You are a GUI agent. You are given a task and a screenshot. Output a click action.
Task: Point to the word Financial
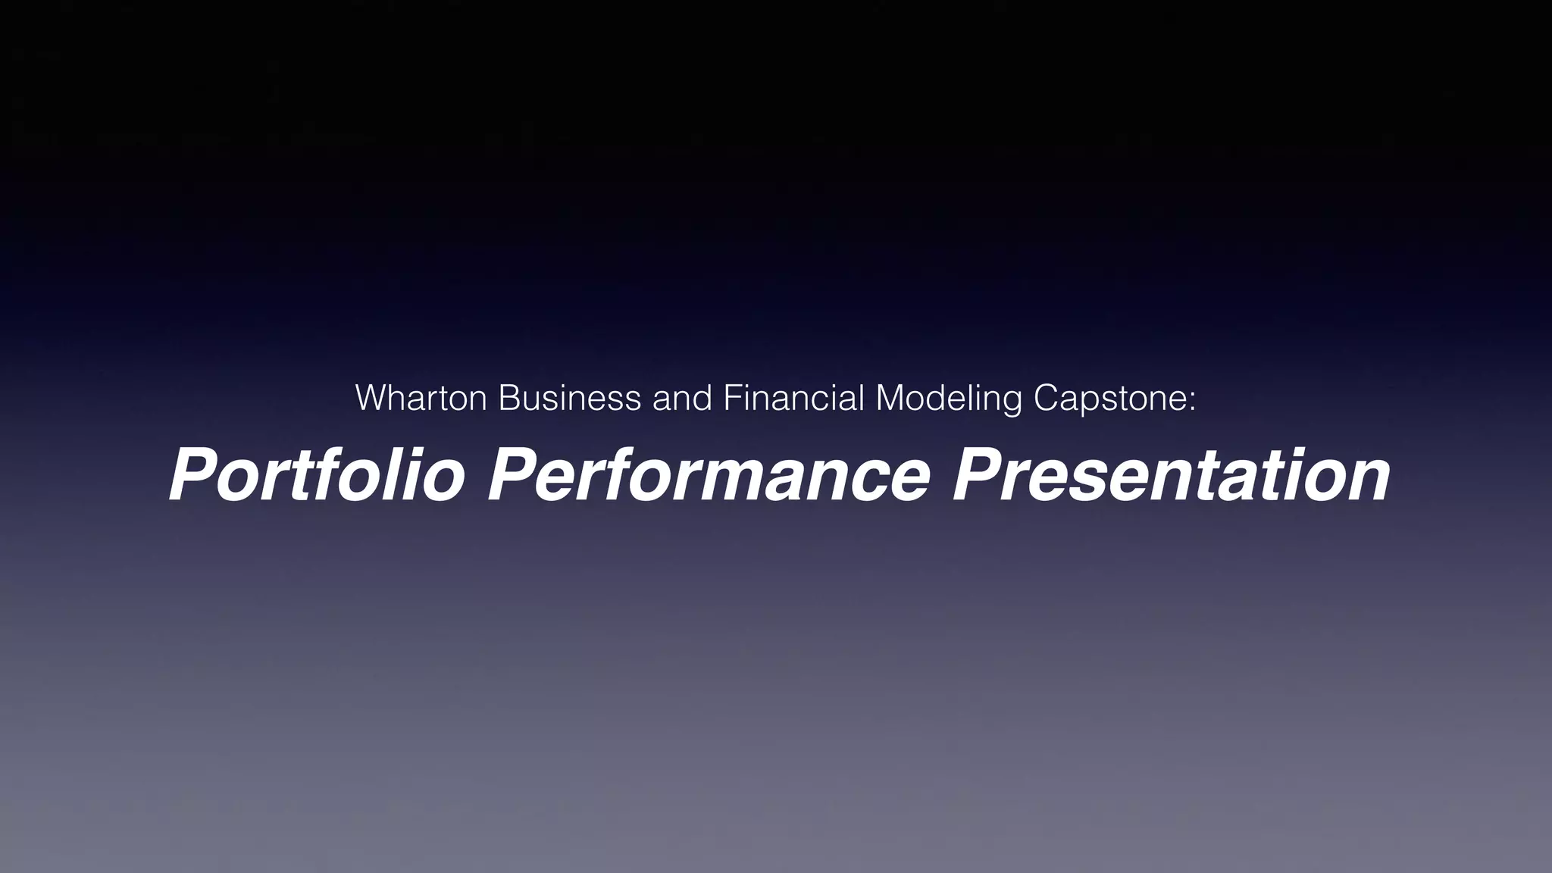[x=793, y=399]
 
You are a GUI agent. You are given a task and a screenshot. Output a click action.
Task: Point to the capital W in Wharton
[x=371, y=399]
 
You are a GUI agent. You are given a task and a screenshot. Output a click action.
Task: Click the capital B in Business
[x=508, y=399]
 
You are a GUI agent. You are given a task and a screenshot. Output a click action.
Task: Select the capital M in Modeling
[x=890, y=399]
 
